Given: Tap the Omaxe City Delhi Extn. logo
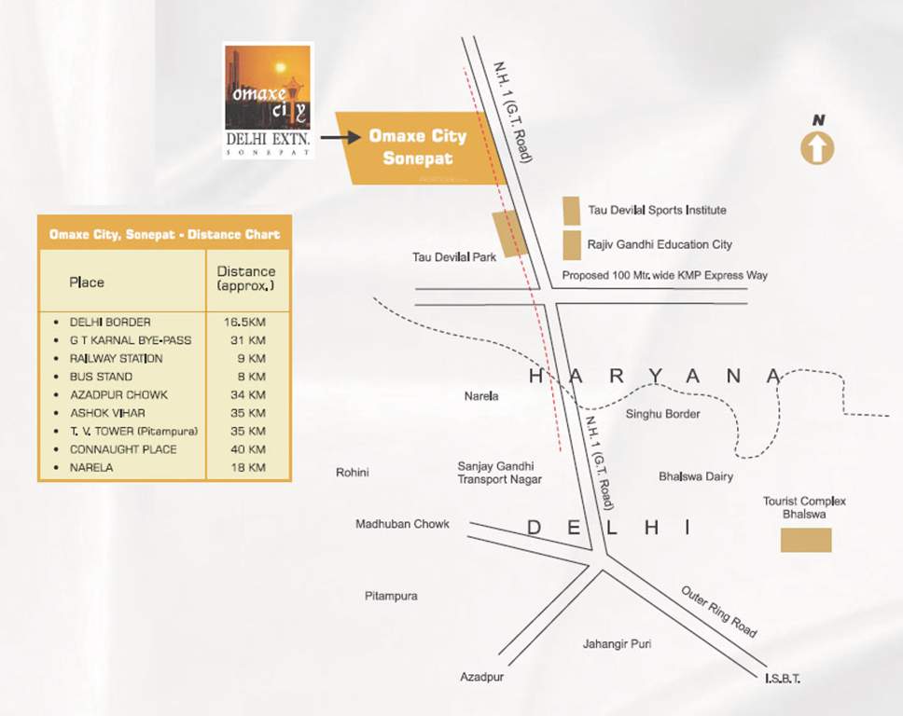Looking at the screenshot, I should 268,100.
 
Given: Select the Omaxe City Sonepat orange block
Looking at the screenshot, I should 419,147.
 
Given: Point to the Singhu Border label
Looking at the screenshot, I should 662,414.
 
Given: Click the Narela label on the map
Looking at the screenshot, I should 481,396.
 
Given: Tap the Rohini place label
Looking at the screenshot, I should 352,473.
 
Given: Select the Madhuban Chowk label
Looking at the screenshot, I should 402,524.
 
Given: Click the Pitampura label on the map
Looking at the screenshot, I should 391,596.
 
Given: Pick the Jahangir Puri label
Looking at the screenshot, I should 617,644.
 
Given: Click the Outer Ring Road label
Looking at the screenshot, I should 718,612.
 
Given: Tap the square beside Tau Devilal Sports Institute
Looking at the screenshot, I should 571,211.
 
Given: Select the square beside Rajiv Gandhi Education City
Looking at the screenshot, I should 571,245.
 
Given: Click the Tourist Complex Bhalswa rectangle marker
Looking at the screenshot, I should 805,540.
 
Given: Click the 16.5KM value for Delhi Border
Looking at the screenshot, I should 246,322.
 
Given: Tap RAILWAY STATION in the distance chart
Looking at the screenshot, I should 116,358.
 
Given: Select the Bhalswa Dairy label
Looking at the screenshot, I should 695,476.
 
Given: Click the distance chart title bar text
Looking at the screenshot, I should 164,235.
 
